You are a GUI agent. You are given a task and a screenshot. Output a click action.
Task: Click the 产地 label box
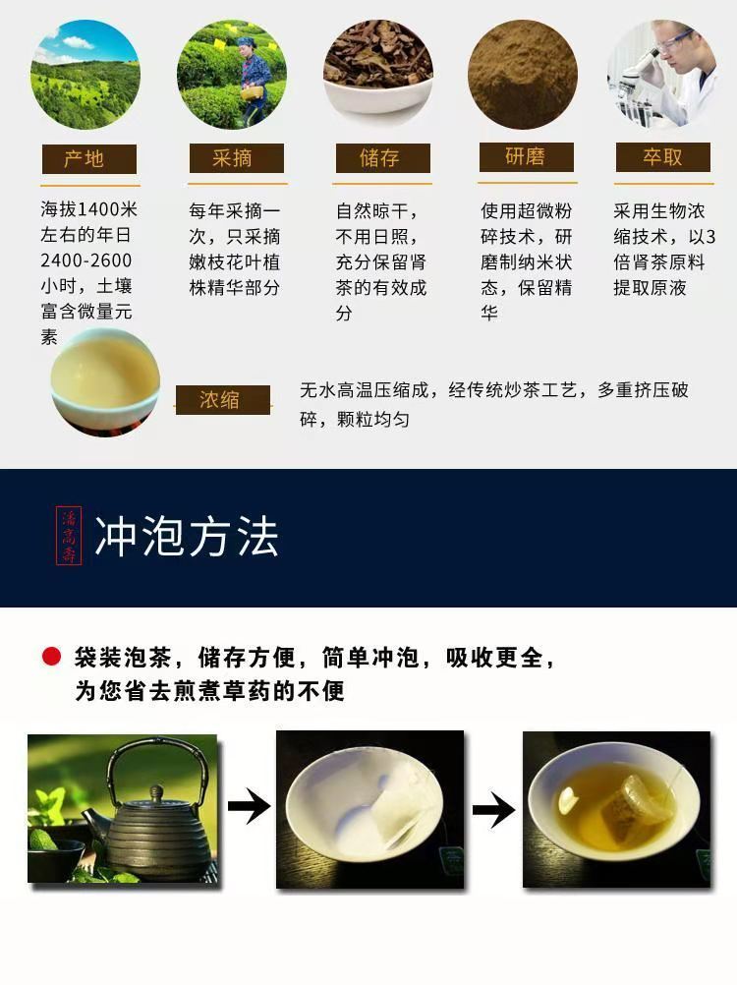(87, 159)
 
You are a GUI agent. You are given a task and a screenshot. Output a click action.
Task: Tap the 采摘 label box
(235, 159)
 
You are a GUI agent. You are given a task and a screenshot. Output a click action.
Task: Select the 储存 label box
(381, 159)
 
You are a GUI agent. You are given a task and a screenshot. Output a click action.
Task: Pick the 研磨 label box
(526, 157)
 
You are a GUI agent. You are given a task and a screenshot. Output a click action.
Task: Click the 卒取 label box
(663, 157)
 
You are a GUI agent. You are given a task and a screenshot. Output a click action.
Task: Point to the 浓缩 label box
(222, 400)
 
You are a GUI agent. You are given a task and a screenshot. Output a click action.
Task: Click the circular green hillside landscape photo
(85, 76)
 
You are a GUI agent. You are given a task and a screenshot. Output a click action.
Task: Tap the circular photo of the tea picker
(232, 76)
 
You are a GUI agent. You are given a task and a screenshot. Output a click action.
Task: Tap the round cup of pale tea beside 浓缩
(105, 381)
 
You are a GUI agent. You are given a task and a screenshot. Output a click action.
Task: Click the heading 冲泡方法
(187, 538)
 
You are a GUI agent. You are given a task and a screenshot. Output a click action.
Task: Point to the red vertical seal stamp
(71, 536)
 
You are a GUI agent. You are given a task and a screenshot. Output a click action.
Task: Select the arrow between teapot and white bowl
(248, 809)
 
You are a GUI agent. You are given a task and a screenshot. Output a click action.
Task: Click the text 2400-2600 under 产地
(85, 261)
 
